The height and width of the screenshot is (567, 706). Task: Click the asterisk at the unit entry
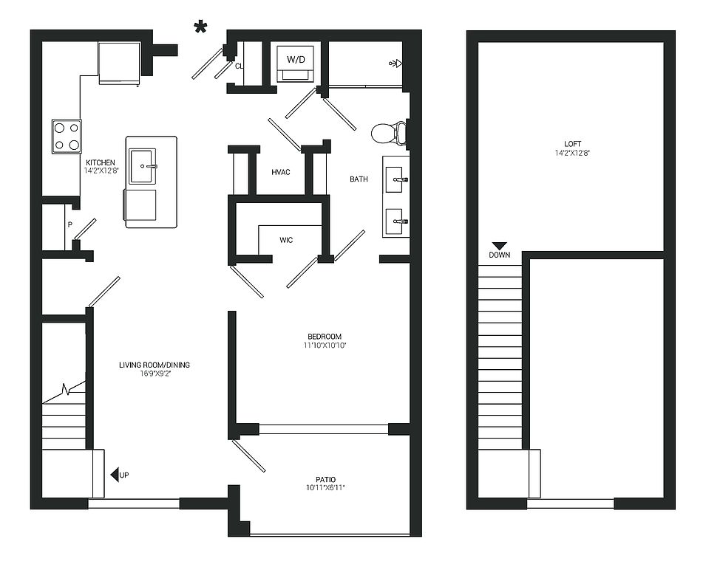click(200, 27)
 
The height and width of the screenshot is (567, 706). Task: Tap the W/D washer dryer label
click(296, 59)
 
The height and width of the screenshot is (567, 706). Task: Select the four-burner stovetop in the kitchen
click(67, 137)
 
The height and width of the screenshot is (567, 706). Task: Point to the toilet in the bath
click(389, 133)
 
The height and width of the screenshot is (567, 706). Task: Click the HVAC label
click(280, 172)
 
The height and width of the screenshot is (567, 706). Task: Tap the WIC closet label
click(286, 240)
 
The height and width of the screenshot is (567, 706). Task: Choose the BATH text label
click(359, 179)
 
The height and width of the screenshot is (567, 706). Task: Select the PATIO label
click(325, 479)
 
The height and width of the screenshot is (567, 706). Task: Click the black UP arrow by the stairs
click(115, 475)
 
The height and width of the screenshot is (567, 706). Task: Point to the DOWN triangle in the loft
click(499, 246)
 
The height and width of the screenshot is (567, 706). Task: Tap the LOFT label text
click(572, 144)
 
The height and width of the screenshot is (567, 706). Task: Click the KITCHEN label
click(101, 162)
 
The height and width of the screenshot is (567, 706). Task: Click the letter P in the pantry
click(69, 224)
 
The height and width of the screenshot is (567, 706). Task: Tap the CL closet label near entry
click(239, 66)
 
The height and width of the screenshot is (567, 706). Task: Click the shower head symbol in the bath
click(395, 63)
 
